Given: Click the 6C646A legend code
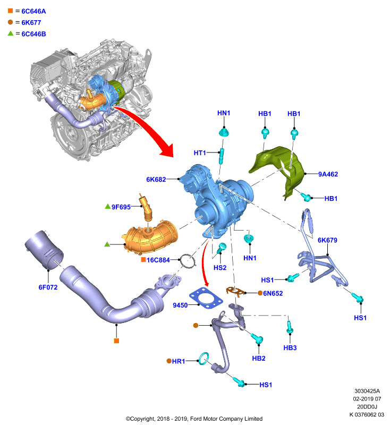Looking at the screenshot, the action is click(x=33, y=11).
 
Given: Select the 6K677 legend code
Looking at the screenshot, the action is click(x=31, y=23).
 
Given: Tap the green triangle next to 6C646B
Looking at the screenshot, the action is click(x=11, y=33).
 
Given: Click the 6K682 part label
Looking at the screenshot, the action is click(x=156, y=180).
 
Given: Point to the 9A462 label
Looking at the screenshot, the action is click(x=328, y=174).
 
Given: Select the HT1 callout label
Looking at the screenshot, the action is click(x=200, y=153).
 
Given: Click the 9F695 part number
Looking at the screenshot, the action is click(x=121, y=207).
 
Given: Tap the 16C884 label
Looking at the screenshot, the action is click(x=158, y=260).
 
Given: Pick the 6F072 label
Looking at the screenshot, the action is click(x=48, y=287).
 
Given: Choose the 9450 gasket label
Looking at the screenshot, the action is click(x=180, y=305).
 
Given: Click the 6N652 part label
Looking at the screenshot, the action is click(x=273, y=293).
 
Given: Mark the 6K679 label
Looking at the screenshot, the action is click(x=327, y=240).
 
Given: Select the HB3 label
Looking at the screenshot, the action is click(x=290, y=348).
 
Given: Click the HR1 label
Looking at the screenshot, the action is click(x=179, y=361).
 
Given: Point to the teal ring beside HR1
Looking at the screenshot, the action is click(x=204, y=359).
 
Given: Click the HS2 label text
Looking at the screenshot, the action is click(x=220, y=268).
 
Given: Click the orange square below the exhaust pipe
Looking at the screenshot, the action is click(x=116, y=341).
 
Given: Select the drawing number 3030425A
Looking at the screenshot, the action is click(x=367, y=391).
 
